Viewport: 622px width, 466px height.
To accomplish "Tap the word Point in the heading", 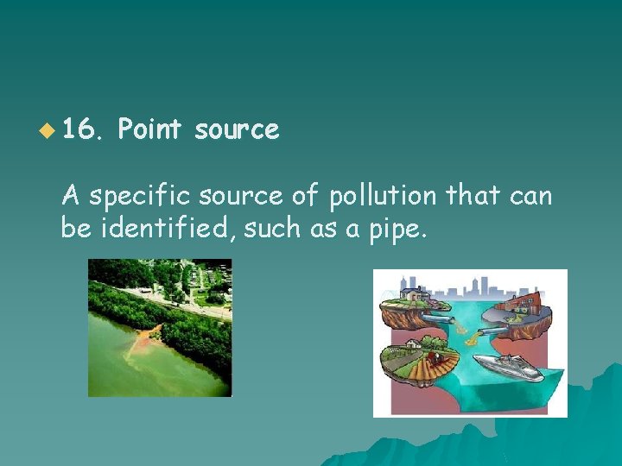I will tap(149, 130).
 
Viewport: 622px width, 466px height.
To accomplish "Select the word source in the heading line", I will tap(237, 130).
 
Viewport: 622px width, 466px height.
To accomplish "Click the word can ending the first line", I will tap(530, 197).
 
